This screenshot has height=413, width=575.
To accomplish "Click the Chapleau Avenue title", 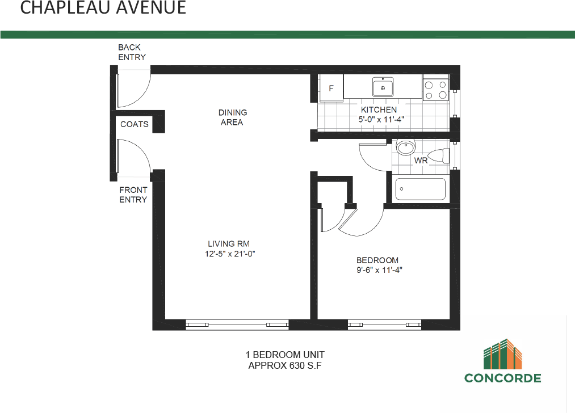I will (103, 9).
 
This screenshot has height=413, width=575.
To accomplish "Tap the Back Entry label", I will (132, 52).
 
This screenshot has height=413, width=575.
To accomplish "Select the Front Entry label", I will (133, 195).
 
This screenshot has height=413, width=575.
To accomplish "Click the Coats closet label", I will (135, 124).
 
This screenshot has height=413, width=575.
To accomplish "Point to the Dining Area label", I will (233, 117).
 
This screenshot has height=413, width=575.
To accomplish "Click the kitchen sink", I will (383, 88).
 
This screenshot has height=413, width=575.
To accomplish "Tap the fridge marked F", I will (332, 88).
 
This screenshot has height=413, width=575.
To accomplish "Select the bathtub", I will (421, 189).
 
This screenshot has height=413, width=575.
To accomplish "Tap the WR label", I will (421, 161).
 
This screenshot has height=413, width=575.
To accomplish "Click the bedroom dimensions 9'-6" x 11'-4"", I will (380, 270).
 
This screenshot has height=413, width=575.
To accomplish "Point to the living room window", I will (237, 324).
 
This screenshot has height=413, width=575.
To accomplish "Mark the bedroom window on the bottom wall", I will (384, 324).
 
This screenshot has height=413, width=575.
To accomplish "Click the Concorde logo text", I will (502, 378).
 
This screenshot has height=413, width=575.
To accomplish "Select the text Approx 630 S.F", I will (285, 366).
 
